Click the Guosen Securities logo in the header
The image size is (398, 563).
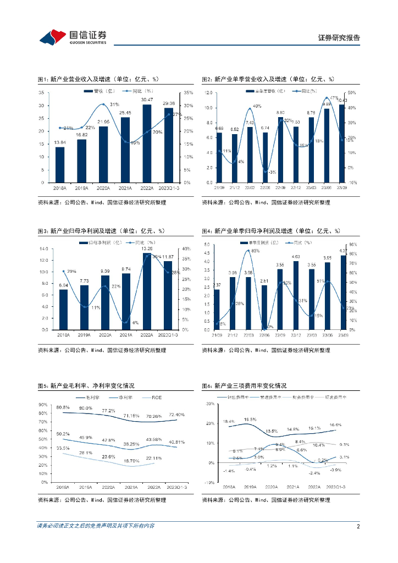tap(73, 37)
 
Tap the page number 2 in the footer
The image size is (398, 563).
tap(358, 526)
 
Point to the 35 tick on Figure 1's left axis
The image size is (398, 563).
tap(41, 92)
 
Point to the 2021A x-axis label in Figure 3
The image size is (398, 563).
tap(126, 334)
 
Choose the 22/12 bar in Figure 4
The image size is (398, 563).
tap(296, 295)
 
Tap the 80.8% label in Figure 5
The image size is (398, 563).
tap(63, 407)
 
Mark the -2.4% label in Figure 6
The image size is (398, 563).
tap(314, 473)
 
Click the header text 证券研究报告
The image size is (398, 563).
tap(339, 38)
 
